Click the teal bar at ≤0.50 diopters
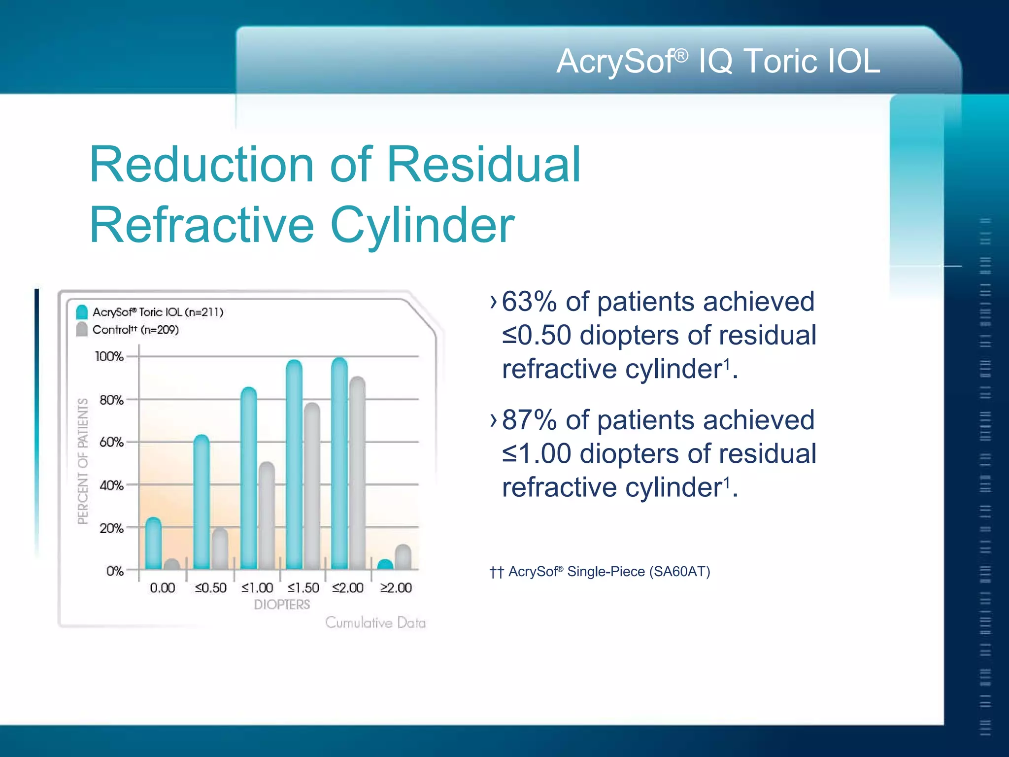pos(202,503)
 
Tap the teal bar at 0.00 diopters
pos(154,544)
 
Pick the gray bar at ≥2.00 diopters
pos(403,558)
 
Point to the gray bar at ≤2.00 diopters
pos(357,473)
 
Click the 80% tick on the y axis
pos(111,400)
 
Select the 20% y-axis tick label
pos(111,528)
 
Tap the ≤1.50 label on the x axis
pos(303,588)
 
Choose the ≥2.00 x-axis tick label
pos(396,588)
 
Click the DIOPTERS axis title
pos(282,605)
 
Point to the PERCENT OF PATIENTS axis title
pos(83,461)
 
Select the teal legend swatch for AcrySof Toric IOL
pos(82,312)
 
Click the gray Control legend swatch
pos(82,329)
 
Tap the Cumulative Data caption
pos(375,623)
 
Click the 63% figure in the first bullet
pos(529,302)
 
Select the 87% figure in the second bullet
pos(529,420)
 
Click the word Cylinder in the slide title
pos(422,225)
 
